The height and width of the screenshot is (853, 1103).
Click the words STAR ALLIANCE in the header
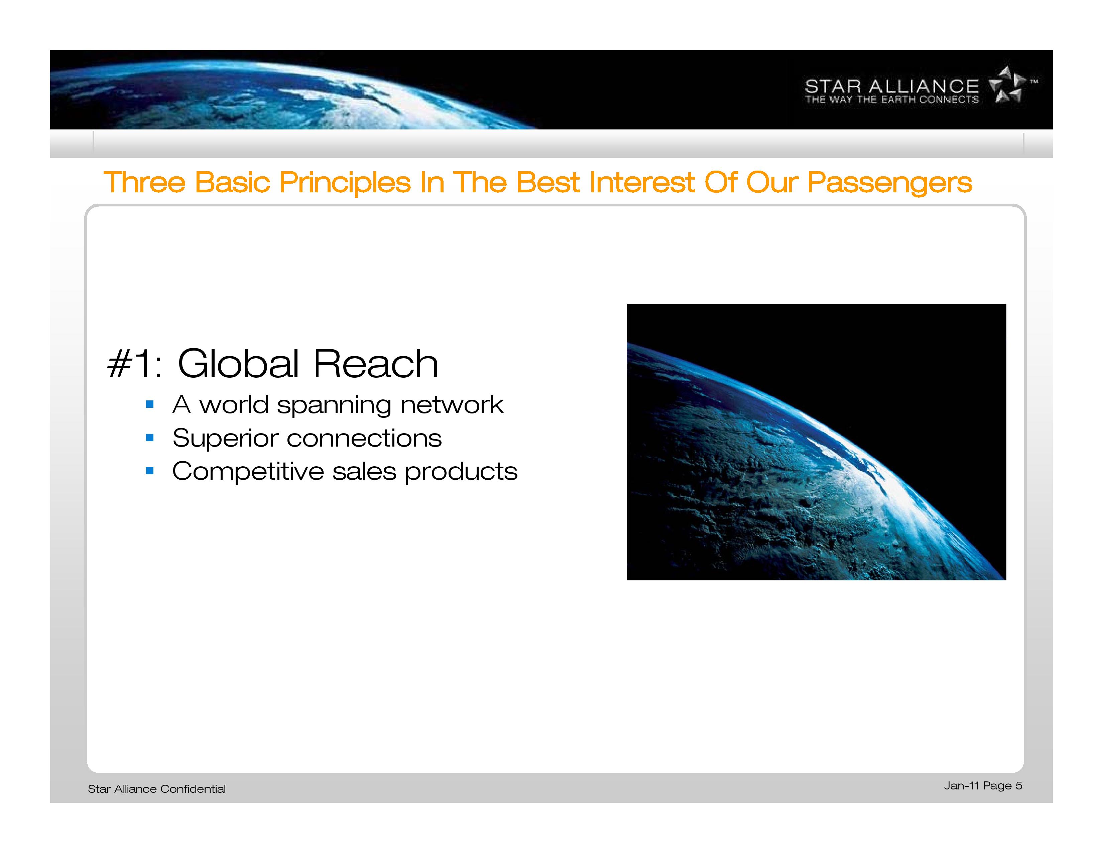[x=892, y=86]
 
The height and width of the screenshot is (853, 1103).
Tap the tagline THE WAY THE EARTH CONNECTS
[x=892, y=100]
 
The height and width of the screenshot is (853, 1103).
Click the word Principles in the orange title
[x=345, y=183]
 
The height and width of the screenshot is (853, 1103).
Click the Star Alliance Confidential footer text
[x=156, y=789]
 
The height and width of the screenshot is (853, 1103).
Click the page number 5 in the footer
[x=1019, y=786]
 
